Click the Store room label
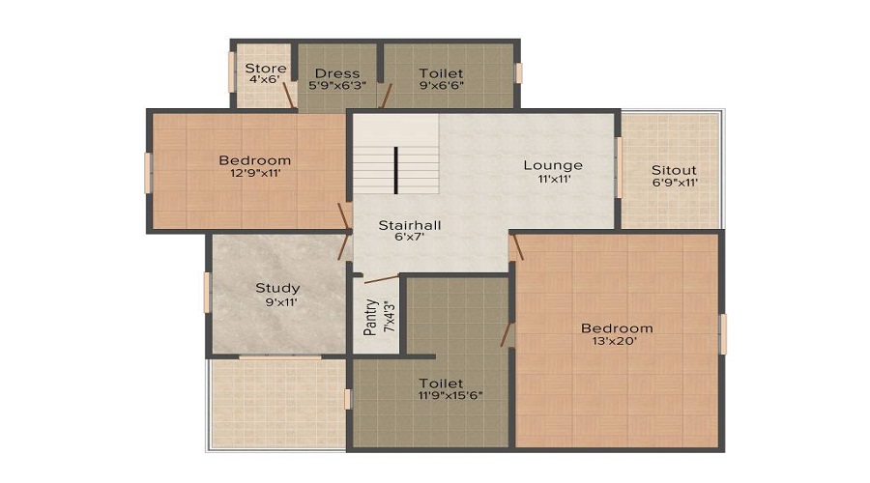[x=265, y=69]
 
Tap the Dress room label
[x=336, y=73]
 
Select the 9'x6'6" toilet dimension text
[x=441, y=85]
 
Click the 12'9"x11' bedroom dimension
[x=255, y=174]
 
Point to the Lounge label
[x=553, y=164]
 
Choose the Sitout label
[x=674, y=170]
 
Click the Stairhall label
[x=410, y=225]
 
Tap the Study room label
[x=277, y=288]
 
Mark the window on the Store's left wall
[x=231, y=72]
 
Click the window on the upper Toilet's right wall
[x=519, y=73]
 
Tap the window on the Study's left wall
[x=207, y=293]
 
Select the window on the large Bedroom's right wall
[x=723, y=333]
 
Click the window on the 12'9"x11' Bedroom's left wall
[x=148, y=173]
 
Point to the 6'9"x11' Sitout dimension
[x=674, y=182]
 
